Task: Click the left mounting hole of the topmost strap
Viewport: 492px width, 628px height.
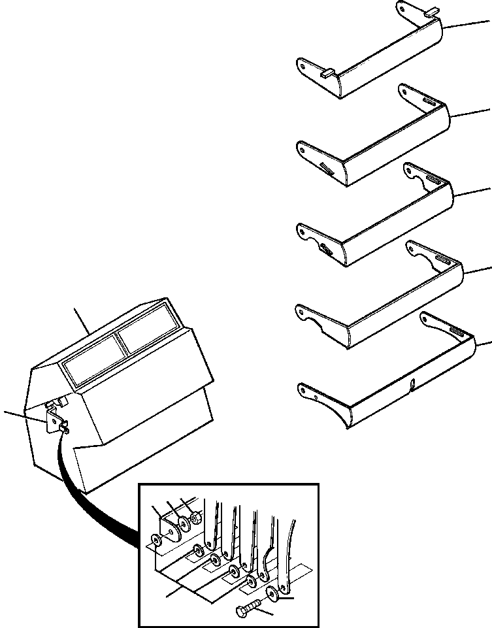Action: tap(302, 65)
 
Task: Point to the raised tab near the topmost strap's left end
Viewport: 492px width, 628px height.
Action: tap(327, 73)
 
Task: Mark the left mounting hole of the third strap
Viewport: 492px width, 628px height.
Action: tap(302, 231)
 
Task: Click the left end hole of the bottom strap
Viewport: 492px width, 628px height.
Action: tap(303, 392)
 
